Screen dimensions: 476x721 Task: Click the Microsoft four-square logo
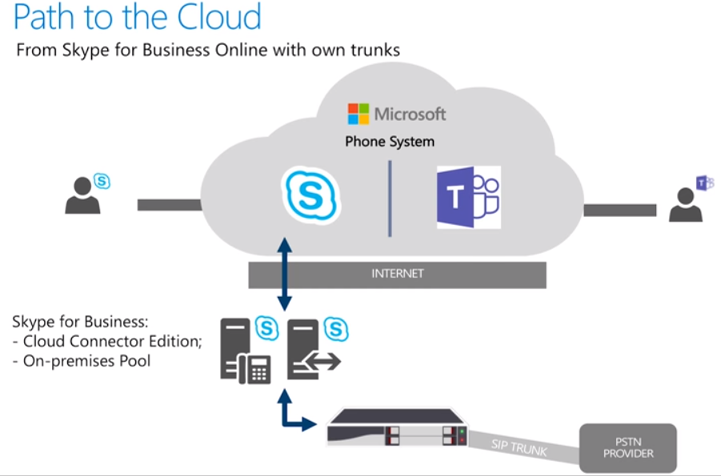coord(358,114)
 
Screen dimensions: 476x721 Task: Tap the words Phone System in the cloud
coord(390,142)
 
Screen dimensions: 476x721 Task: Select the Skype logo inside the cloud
coord(311,194)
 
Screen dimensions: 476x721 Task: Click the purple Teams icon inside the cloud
coord(468,198)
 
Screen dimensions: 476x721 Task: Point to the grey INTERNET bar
coord(398,274)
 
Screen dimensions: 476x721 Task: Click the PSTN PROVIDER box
coord(628,447)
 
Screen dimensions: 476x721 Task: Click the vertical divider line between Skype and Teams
coord(390,198)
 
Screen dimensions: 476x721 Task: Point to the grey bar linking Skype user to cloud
coord(169,205)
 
